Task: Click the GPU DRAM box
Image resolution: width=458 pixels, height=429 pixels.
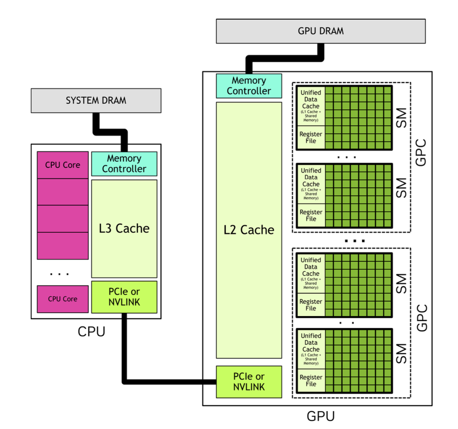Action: [x=321, y=31]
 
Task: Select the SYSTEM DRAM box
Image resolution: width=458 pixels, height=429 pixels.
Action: [x=96, y=100]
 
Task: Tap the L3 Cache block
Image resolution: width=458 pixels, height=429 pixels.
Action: [x=124, y=228]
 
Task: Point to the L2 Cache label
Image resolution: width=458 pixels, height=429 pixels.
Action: [x=248, y=230]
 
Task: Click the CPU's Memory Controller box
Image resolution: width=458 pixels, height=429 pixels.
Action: [x=124, y=163]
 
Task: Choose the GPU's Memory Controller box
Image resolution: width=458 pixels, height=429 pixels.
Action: [x=249, y=86]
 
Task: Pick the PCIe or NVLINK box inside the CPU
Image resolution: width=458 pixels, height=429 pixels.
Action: [x=124, y=297]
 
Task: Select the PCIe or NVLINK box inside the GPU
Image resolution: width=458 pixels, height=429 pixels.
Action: [x=249, y=382]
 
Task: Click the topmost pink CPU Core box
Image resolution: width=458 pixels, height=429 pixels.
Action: [x=63, y=165]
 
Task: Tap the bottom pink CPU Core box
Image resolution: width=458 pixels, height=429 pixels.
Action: [x=63, y=299]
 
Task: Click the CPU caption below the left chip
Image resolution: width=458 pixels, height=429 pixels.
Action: [x=91, y=332]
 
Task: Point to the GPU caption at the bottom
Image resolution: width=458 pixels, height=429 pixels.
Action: [x=320, y=416]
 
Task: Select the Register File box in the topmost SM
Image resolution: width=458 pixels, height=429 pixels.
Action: [x=311, y=138]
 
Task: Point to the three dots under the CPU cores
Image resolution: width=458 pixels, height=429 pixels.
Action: [x=59, y=274]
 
